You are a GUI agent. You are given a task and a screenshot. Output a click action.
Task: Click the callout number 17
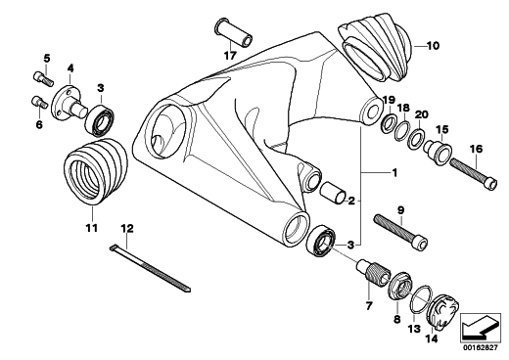230,56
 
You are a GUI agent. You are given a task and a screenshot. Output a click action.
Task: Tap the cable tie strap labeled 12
150,268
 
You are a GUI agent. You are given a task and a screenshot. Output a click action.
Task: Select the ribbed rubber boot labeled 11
96,172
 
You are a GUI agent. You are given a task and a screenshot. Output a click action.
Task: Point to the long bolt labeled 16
474,174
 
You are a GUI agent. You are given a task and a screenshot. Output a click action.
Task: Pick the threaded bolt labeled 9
401,231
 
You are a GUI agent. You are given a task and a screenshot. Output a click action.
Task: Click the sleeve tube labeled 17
234,33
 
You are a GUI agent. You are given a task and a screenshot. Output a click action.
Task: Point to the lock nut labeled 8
400,286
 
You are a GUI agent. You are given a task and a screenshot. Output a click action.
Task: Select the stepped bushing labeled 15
438,151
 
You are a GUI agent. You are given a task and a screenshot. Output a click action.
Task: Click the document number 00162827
481,347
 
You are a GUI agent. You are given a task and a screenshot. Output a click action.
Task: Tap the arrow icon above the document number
481,328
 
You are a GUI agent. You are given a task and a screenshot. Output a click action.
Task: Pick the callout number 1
394,172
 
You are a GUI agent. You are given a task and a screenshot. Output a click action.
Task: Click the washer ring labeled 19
389,123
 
